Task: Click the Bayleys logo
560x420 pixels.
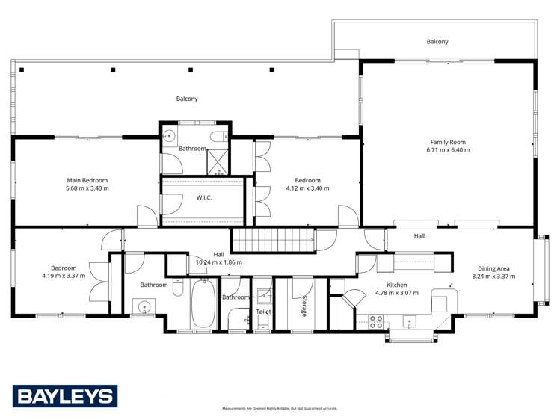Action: point(65,396)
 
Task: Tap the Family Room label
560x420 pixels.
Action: point(448,142)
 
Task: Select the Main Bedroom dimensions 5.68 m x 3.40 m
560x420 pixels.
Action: point(87,188)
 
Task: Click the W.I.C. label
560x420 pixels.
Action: point(204,197)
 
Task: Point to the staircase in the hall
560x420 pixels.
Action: point(274,241)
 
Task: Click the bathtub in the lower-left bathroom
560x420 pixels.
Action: point(203,303)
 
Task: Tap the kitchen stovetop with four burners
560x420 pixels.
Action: point(376,321)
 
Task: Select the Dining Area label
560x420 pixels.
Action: point(493,268)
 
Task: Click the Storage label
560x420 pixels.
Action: point(304,306)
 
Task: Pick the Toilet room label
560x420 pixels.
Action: point(264,312)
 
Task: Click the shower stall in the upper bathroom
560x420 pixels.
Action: point(217,162)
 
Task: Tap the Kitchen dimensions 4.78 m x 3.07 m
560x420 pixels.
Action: point(397,293)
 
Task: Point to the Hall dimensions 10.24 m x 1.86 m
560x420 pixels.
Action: point(218,262)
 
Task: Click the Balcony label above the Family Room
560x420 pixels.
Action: point(437,42)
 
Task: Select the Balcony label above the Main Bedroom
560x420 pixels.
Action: point(187,99)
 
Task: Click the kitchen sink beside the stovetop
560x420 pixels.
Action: point(409,321)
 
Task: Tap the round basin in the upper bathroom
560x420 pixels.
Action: point(168,135)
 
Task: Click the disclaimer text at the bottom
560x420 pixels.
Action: point(280,408)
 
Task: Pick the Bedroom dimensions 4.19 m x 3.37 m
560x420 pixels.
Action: point(64,276)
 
